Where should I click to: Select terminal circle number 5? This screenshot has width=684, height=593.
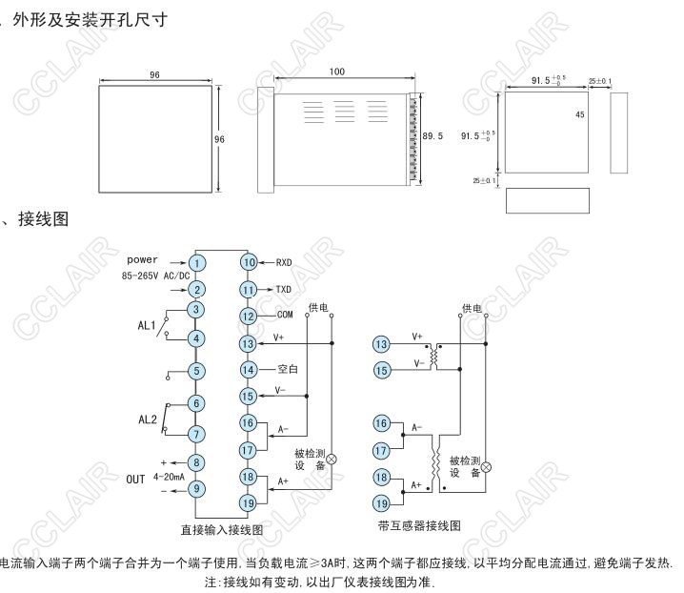point(196,371)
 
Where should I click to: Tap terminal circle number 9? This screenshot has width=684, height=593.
point(196,489)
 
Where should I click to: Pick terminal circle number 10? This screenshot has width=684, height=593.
point(249,262)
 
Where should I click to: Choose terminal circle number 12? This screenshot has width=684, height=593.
point(249,316)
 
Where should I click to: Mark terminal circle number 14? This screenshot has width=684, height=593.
point(249,369)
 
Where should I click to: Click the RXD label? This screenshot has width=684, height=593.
point(284,262)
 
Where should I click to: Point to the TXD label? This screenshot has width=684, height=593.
point(284,289)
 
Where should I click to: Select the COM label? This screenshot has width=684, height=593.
point(284,316)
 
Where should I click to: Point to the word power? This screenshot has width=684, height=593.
point(142,259)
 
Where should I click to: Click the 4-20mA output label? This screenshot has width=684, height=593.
point(170,477)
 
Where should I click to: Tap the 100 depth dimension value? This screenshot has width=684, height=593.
point(336,72)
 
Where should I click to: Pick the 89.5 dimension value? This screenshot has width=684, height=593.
point(433,136)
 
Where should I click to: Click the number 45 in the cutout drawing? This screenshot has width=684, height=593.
point(579,113)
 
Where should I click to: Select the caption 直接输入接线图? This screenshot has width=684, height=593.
point(222,529)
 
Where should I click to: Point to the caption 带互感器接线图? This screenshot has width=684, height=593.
point(419,525)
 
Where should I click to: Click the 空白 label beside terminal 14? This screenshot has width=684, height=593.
point(288,369)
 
